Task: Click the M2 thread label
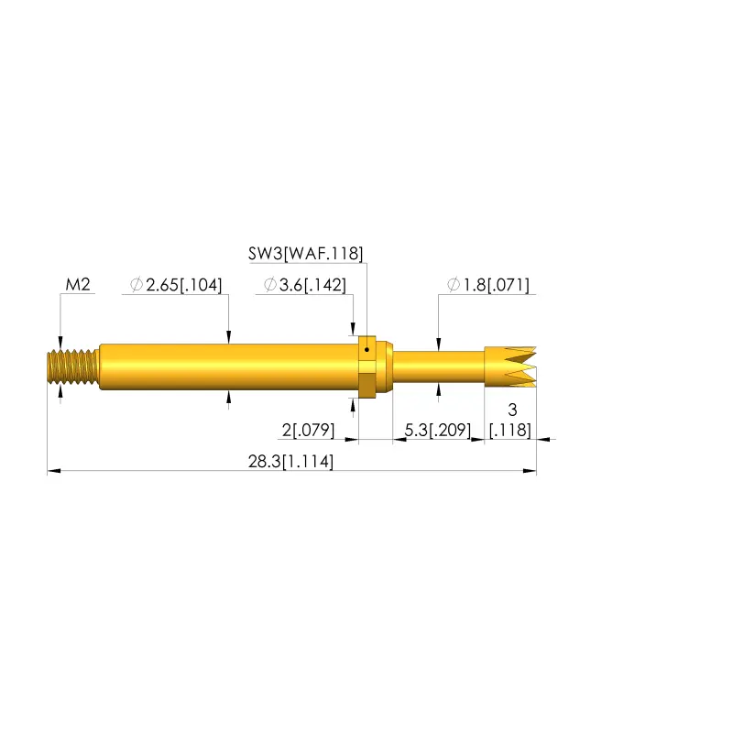click(x=78, y=284)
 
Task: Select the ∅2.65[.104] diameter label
click(x=176, y=285)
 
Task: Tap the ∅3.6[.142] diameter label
click(x=305, y=285)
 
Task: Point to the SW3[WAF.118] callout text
click(x=305, y=254)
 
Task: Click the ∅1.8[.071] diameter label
click(x=488, y=285)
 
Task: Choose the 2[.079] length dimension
click(x=308, y=430)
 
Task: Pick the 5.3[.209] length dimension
click(x=438, y=430)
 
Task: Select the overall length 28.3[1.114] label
click(x=290, y=462)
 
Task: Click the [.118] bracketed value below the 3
click(x=510, y=430)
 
